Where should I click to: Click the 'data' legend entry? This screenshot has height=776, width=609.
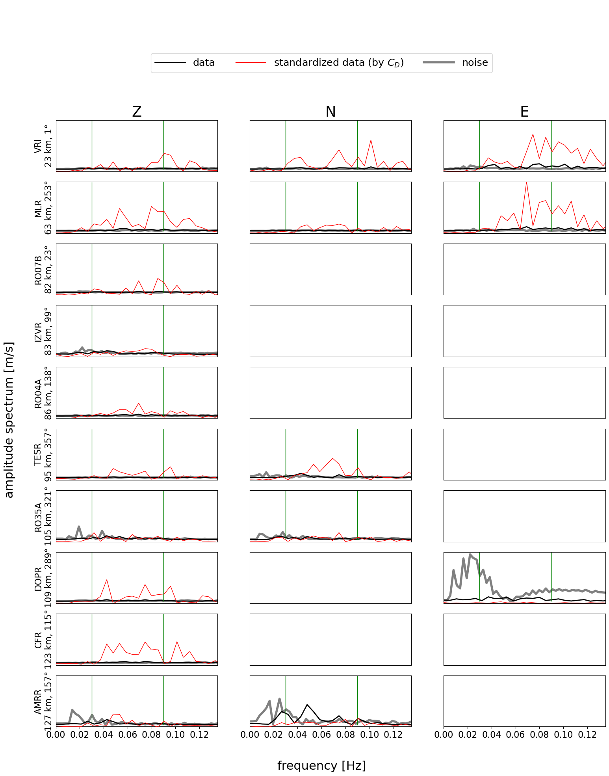[x=204, y=63]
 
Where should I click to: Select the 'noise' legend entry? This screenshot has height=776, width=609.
[x=475, y=63]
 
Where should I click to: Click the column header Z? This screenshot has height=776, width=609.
[x=137, y=112]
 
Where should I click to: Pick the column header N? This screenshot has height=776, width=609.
[x=330, y=112]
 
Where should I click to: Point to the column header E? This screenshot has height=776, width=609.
[x=524, y=112]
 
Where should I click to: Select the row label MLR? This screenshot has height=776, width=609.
[x=38, y=208]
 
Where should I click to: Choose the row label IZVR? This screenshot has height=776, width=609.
[x=38, y=331]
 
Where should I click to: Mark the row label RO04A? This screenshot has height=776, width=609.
[x=38, y=393]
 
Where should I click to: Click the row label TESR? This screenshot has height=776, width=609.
[x=38, y=454]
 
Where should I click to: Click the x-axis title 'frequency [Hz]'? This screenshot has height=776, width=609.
[x=321, y=765]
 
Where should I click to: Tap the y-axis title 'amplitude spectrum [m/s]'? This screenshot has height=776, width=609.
[x=9, y=420]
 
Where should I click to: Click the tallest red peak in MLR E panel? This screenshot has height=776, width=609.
[x=526, y=182]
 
